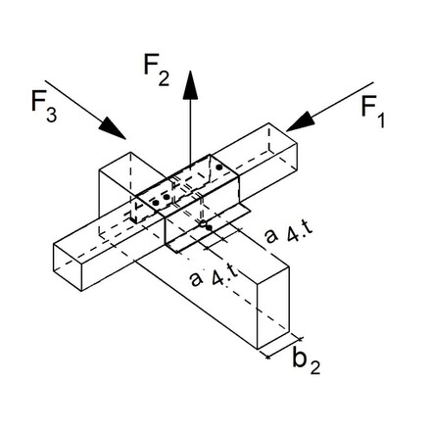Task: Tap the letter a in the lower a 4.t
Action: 195,281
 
